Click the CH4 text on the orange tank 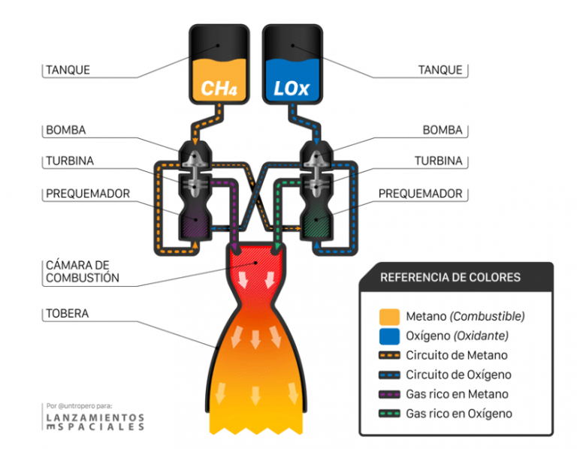coord(219,89)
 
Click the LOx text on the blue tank coord(291,89)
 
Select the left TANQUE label coord(68,70)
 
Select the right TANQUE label coord(440,70)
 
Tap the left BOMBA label coord(66,130)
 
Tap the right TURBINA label coord(439,161)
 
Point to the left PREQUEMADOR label coord(88,193)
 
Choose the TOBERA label coord(67,313)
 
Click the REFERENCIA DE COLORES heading coord(450,277)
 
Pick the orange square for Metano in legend coord(389,316)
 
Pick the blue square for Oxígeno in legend coord(389,336)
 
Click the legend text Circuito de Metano coord(456,355)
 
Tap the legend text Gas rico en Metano coord(457,394)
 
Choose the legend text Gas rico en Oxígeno coord(459,414)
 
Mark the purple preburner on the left coord(195,221)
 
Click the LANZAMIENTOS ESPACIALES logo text coord(95,421)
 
